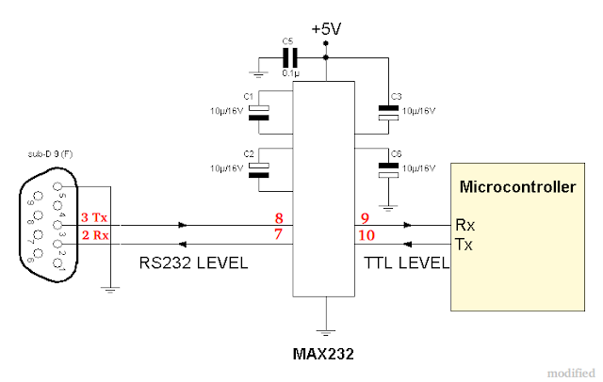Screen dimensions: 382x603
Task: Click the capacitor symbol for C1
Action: [259, 112]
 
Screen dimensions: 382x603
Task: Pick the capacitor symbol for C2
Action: [259, 167]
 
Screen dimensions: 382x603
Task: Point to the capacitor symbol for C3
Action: [386, 111]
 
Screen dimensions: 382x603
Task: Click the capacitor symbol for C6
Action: [386, 169]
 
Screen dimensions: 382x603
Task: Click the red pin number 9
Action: [365, 217]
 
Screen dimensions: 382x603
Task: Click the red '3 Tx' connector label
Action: [94, 218]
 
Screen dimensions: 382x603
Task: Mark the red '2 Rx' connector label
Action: [94, 234]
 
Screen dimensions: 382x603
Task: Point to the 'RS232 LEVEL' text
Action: [193, 263]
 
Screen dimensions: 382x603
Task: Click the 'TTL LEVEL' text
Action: [406, 263]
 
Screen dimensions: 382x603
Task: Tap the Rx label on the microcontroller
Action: [464, 226]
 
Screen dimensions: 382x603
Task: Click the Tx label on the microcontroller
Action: [464, 244]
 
